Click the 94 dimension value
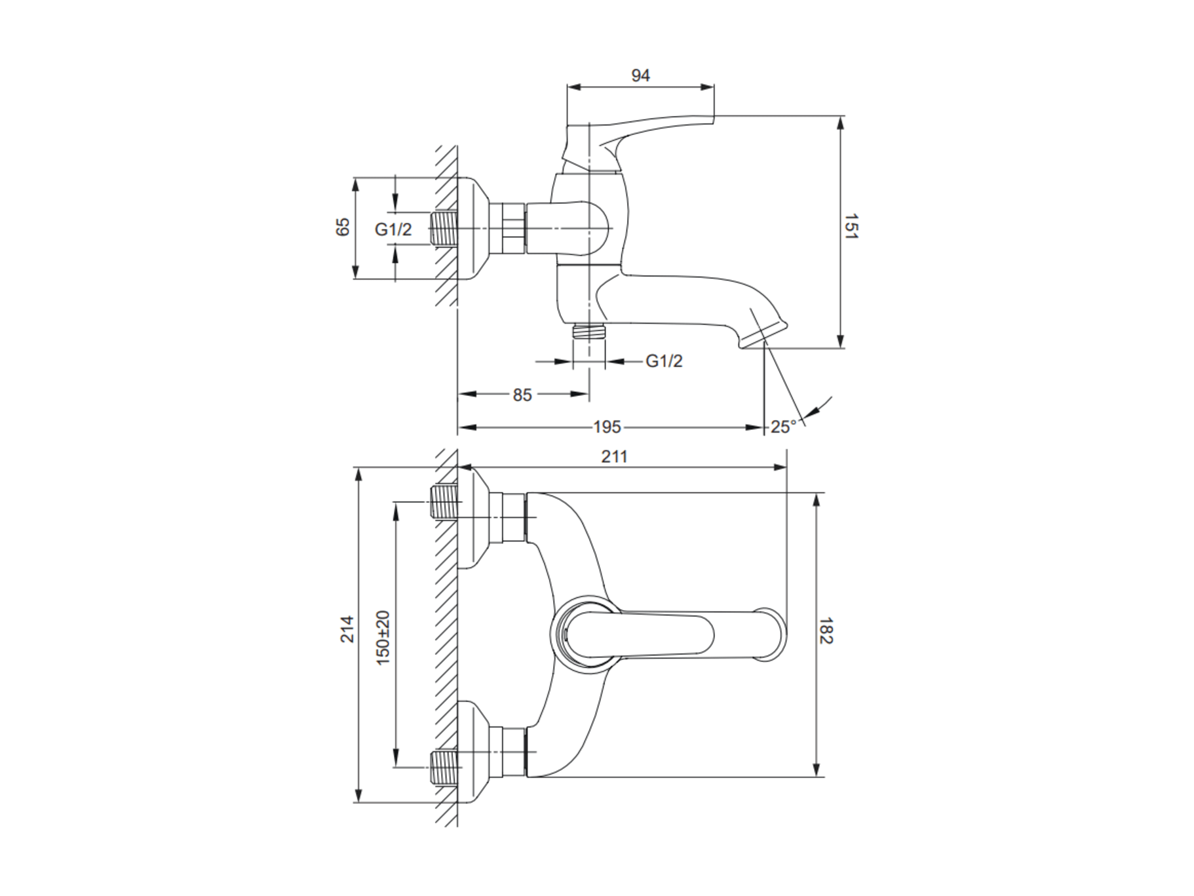(640, 75)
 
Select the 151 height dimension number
(851, 226)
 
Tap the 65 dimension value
(343, 227)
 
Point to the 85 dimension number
(522, 395)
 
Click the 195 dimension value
(607, 427)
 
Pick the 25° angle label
(783, 427)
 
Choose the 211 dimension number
(614, 456)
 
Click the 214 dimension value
(347, 629)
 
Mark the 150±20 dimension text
(383, 638)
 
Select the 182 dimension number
(826, 631)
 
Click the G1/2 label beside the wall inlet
(393, 229)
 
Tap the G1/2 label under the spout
(664, 361)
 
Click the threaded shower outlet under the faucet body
(589, 331)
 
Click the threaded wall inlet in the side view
(444, 229)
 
